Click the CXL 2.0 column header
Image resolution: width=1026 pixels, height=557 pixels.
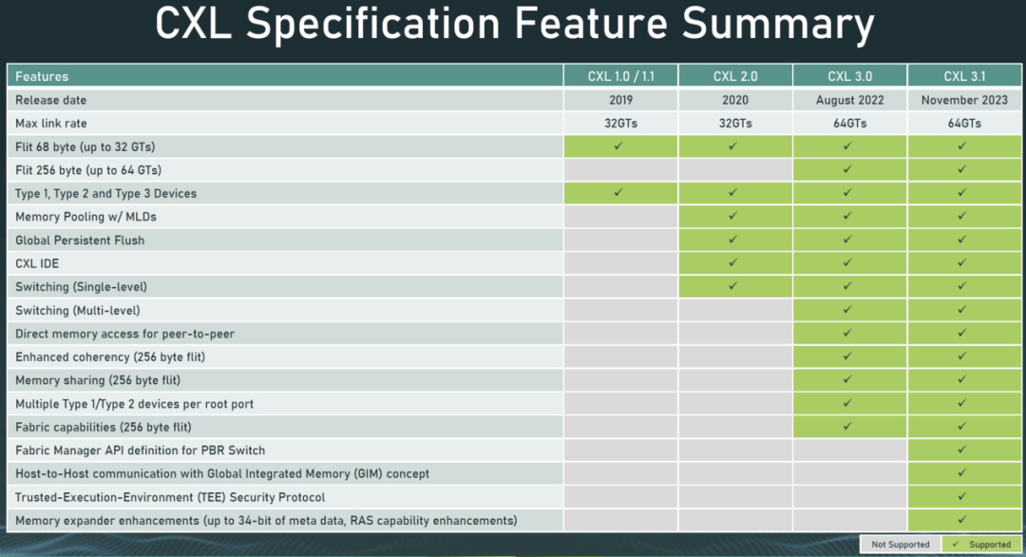(x=734, y=76)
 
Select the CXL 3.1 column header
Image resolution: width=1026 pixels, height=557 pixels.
(x=964, y=76)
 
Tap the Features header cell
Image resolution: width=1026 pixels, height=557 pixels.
(x=42, y=77)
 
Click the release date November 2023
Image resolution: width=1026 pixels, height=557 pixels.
(x=964, y=100)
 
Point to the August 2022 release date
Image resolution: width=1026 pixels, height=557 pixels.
(x=849, y=100)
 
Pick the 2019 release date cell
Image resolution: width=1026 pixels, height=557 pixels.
(x=620, y=100)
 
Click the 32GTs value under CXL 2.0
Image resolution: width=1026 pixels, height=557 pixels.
(x=734, y=123)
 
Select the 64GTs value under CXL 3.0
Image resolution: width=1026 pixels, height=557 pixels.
(x=849, y=123)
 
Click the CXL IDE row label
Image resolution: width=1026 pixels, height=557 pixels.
(x=37, y=263)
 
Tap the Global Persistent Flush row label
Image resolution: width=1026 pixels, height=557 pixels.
(x=80, y=240)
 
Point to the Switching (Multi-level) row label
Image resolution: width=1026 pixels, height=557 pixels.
(x=77, y=310)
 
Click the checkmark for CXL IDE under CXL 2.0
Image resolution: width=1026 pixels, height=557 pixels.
(x=732, y=262)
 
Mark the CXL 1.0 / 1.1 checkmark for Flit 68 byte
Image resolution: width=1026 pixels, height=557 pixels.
(x=618, y=146)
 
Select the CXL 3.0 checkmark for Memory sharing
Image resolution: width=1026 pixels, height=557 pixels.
(x=847, y=379)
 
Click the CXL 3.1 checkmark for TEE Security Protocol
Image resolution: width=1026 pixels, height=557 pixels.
(x=961, y=496)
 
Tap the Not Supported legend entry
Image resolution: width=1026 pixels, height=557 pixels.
(x=901, y=544)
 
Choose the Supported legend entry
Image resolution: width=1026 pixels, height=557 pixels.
(x=981, y=544)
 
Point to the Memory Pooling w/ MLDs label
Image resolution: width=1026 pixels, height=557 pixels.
(x=85, y=217)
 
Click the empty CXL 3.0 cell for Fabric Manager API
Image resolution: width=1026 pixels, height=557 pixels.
(x=849, y=451)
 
